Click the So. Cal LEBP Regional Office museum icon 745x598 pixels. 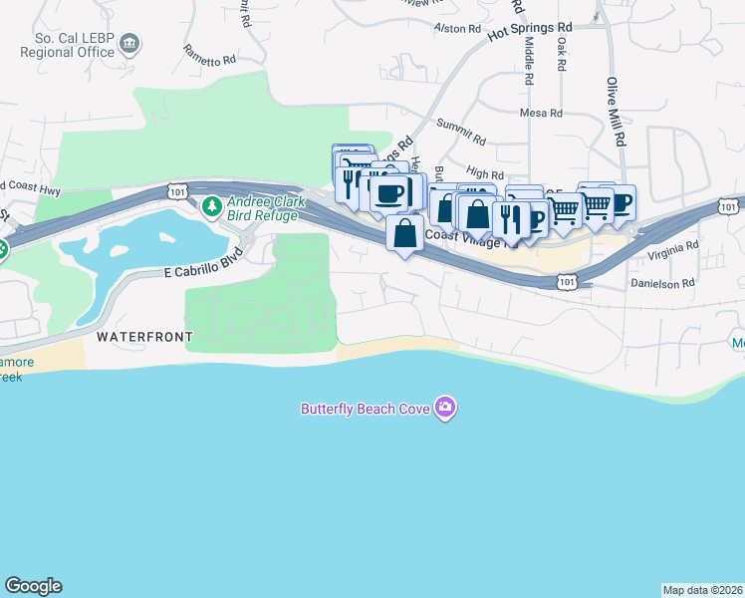click(x=130, y=44)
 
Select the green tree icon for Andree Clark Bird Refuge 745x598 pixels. click(x=211, y=207)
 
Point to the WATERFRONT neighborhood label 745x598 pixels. click(x=144, y=337)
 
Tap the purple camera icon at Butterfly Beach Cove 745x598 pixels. click(x=445, y=407)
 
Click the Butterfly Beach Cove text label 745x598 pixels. click(x=367, y=408)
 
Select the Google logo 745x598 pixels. click(x=33, y=585)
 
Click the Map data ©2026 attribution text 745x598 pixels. click(x=702, y=589)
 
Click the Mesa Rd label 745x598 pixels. click(x=541, y=113)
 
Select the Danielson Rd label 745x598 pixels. click(x=666, y=283)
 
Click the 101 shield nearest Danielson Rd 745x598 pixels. click(x=566, y=283)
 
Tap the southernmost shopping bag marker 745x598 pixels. click(x=404, y=235)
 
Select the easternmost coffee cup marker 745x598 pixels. click(x=620, y=204)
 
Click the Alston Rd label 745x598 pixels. click(x=459, y=29)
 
